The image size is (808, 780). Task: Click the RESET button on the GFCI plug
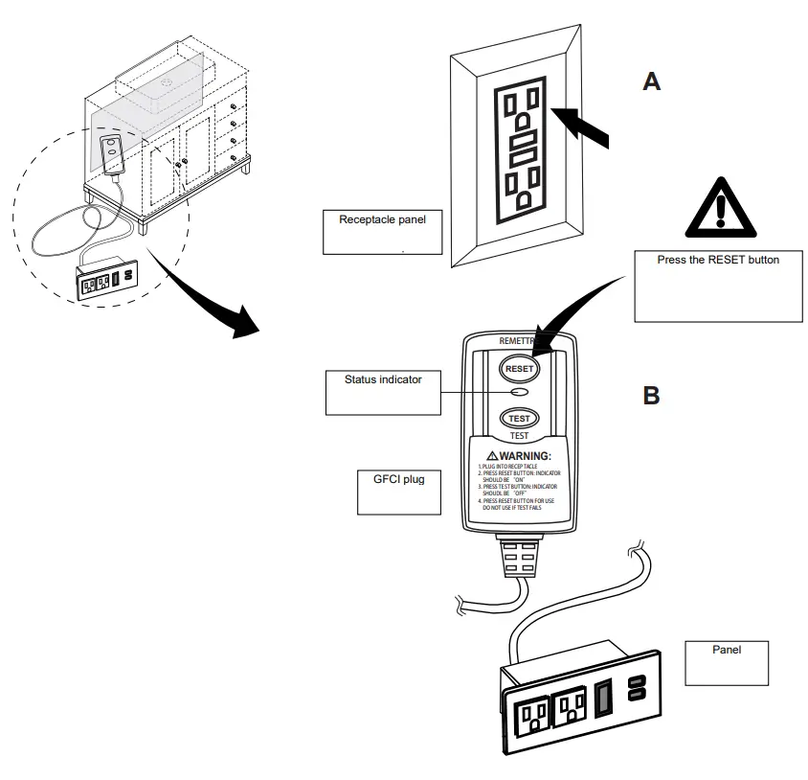click(519, 367)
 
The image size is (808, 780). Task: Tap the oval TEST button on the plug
click(519, 418)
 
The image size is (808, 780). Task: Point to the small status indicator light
click(519, 393)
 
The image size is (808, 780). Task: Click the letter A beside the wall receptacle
click(651, 82)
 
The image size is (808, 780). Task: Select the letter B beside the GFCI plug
click(651, 395)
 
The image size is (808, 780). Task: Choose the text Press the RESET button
click(718, 260)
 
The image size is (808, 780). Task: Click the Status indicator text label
click(383, 379)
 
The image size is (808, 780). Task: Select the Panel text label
click(727, 650)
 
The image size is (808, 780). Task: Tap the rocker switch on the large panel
click(603, 697)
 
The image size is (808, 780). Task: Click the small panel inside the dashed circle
click(108, 281)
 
